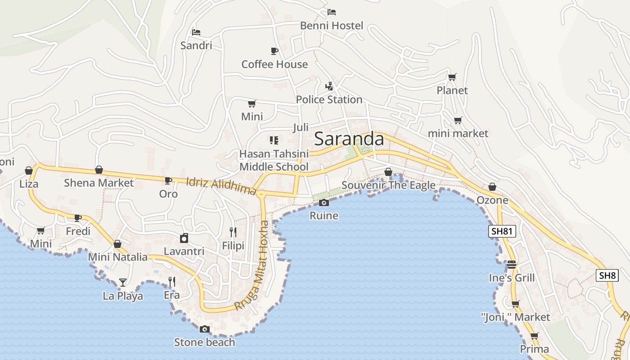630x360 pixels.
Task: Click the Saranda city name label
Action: click(x=349, y=139)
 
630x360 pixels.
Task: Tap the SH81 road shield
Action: click(x=502, y=231)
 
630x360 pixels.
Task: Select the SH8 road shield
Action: click(x=607, y=275)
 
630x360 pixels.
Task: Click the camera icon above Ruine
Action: click(x=324, y=203)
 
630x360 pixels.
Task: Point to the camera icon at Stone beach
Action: click(x=204, y=329)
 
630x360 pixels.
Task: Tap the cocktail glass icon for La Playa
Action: click(x=122, y=283)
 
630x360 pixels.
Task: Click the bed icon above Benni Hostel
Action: click(x=332, y=12)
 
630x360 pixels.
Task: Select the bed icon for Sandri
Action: click(x=196, y=32)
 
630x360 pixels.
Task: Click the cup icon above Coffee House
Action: click(x=274, y=51)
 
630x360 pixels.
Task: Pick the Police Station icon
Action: click(x=329, y=86)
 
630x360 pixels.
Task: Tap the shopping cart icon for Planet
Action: click(x=452, y=77)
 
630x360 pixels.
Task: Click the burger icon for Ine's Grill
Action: click(x=511, y=265)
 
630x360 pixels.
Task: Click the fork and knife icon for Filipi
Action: click(x=233, y=232)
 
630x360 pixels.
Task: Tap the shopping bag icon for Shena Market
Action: click(x=99, y=170)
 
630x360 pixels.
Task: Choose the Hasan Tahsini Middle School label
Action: click(x=274, y=160)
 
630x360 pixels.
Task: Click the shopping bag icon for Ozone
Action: click(x=492, y=187)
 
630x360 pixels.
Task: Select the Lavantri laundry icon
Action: click(x=184, y=238)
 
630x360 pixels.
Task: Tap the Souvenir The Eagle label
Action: click(x=388, y=185)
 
